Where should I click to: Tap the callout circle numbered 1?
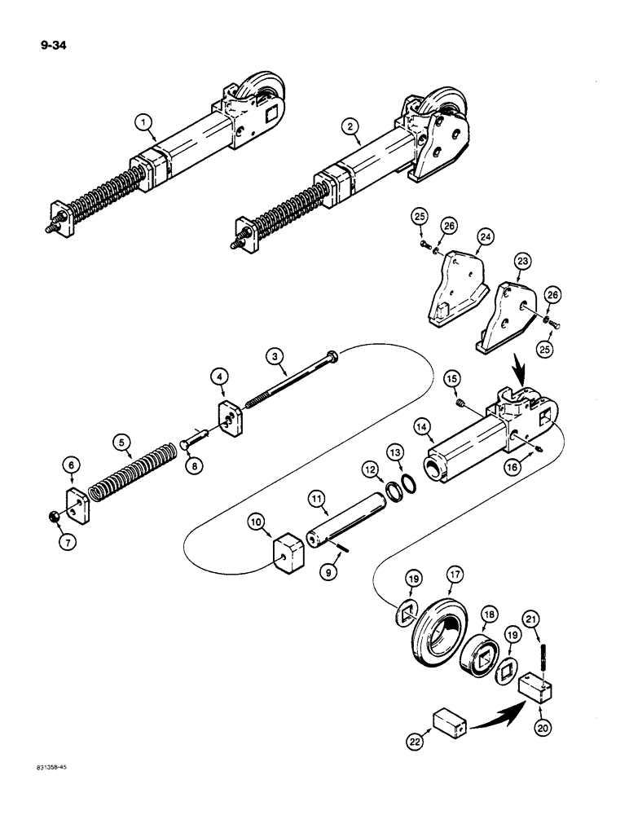click(x=144, y=123)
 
